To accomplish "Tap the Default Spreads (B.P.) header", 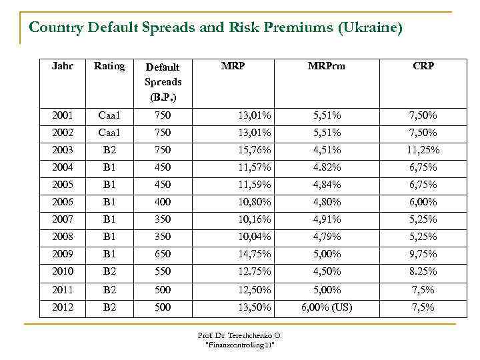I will (163, 81).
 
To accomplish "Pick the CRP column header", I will (423, 66).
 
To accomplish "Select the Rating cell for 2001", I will (109, 115).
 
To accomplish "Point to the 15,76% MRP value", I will (255, 150).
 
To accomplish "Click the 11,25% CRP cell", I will (423, 150).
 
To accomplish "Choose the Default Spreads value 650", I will (162, 254).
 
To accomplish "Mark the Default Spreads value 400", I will (162, 202).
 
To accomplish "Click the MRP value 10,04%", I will (255, 237).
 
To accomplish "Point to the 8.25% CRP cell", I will (423, 271).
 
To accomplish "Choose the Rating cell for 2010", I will (109, 271).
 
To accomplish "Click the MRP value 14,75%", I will (255, 254).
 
